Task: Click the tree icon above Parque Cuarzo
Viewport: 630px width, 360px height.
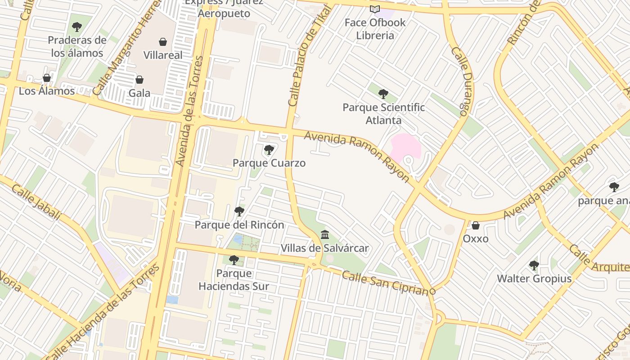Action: [269, 150]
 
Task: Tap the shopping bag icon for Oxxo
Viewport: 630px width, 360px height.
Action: [476, 225]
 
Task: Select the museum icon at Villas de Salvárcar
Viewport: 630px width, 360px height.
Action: [325, 234]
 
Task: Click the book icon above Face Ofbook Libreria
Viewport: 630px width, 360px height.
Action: [375, 9]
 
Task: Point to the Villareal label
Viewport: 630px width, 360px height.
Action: [163, 55]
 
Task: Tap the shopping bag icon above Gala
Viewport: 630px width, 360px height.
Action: [139, 80]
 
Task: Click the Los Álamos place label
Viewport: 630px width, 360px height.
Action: [47, 91]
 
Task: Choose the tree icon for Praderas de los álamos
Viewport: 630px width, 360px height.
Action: [77, 27]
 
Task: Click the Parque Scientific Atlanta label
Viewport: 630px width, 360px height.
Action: [383, 114]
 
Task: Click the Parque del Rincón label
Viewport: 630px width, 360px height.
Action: [239, 225]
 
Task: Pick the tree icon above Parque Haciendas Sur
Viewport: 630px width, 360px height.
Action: [234, 260]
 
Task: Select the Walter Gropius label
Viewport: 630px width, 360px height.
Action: [534, 279]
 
